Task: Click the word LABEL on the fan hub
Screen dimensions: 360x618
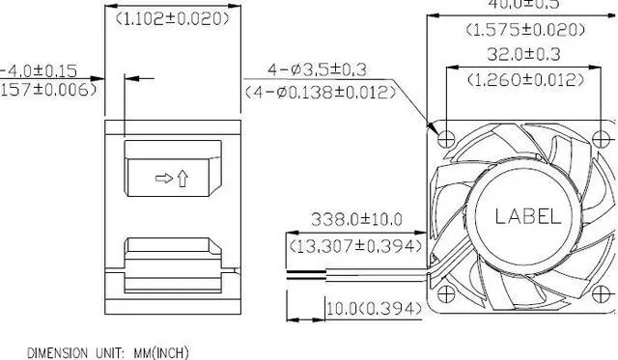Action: [x=527, y=217]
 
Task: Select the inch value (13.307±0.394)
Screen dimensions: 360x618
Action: [x=356, y=246]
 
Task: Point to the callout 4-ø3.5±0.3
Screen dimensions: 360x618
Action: [x=319, y=69]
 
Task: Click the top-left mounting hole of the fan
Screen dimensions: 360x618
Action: [x=444, y=138]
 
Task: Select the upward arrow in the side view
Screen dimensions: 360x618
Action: [x=183, y=180]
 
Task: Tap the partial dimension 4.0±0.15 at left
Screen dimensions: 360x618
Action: [x=39, y=70]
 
